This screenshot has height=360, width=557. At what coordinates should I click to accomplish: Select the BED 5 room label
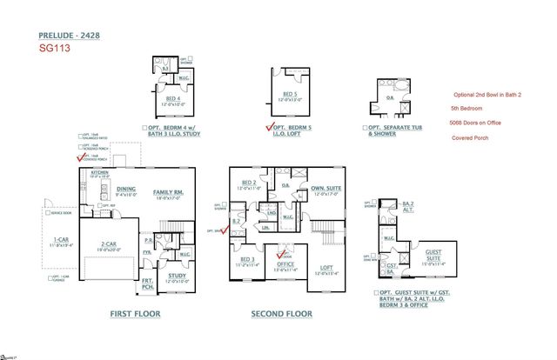coord(291,94)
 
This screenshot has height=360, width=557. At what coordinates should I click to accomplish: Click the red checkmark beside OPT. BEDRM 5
coord(269,128)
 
